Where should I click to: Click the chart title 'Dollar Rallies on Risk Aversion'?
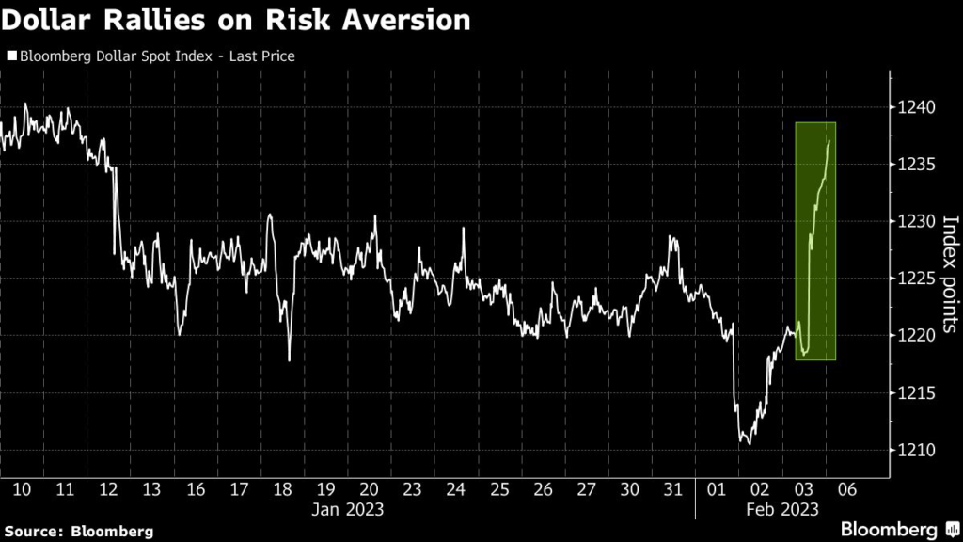tap(236, 21)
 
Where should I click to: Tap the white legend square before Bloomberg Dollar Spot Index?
tap(10, 56)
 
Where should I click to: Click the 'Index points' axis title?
tap(950, 274)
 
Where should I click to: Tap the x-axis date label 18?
tap(282, 489)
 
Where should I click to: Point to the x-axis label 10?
tap(23, 489)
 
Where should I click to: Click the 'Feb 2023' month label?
tap(781, 509)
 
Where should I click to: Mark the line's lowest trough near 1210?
tap(746, 443)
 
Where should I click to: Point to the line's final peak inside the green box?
tap(829, 140)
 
